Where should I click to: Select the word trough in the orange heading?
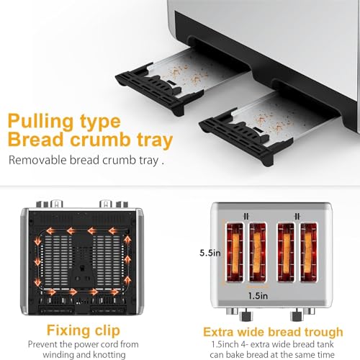pyautogui.click(x=323, y=332)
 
